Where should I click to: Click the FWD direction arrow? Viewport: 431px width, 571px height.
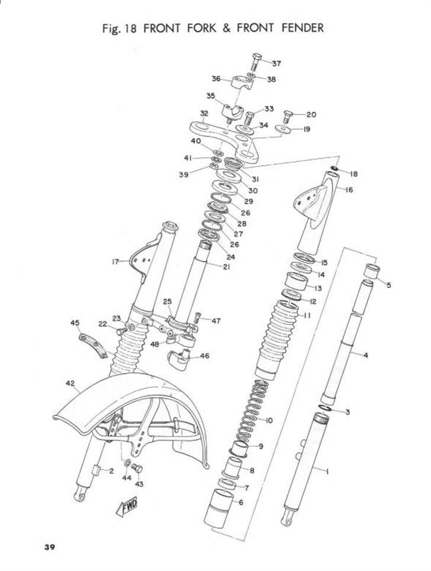pos(127,507)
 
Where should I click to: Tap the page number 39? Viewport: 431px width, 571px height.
pos(50,546)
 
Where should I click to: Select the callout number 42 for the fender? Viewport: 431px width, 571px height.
pos(69,384)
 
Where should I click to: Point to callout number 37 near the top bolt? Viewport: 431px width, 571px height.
pos(276,63)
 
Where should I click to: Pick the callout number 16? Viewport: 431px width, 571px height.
pos(349,190)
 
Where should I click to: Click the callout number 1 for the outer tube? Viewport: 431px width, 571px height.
pos(327,471)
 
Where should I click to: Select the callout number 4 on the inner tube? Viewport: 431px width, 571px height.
pos(365,355)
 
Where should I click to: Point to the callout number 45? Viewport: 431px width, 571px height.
pos(75,323)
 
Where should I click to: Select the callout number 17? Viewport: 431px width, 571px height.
pos(115,261)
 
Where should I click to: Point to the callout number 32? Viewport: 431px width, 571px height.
pos(204,113)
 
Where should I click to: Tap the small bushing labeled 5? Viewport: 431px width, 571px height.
pos(371,273)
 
